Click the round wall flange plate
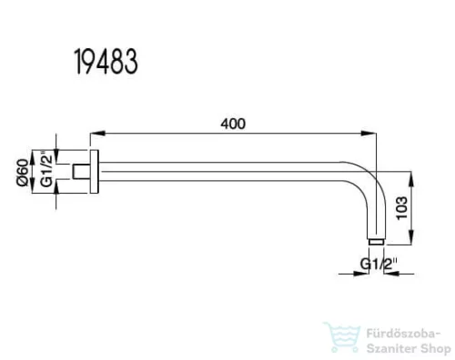93,171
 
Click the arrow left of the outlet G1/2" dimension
361,273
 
